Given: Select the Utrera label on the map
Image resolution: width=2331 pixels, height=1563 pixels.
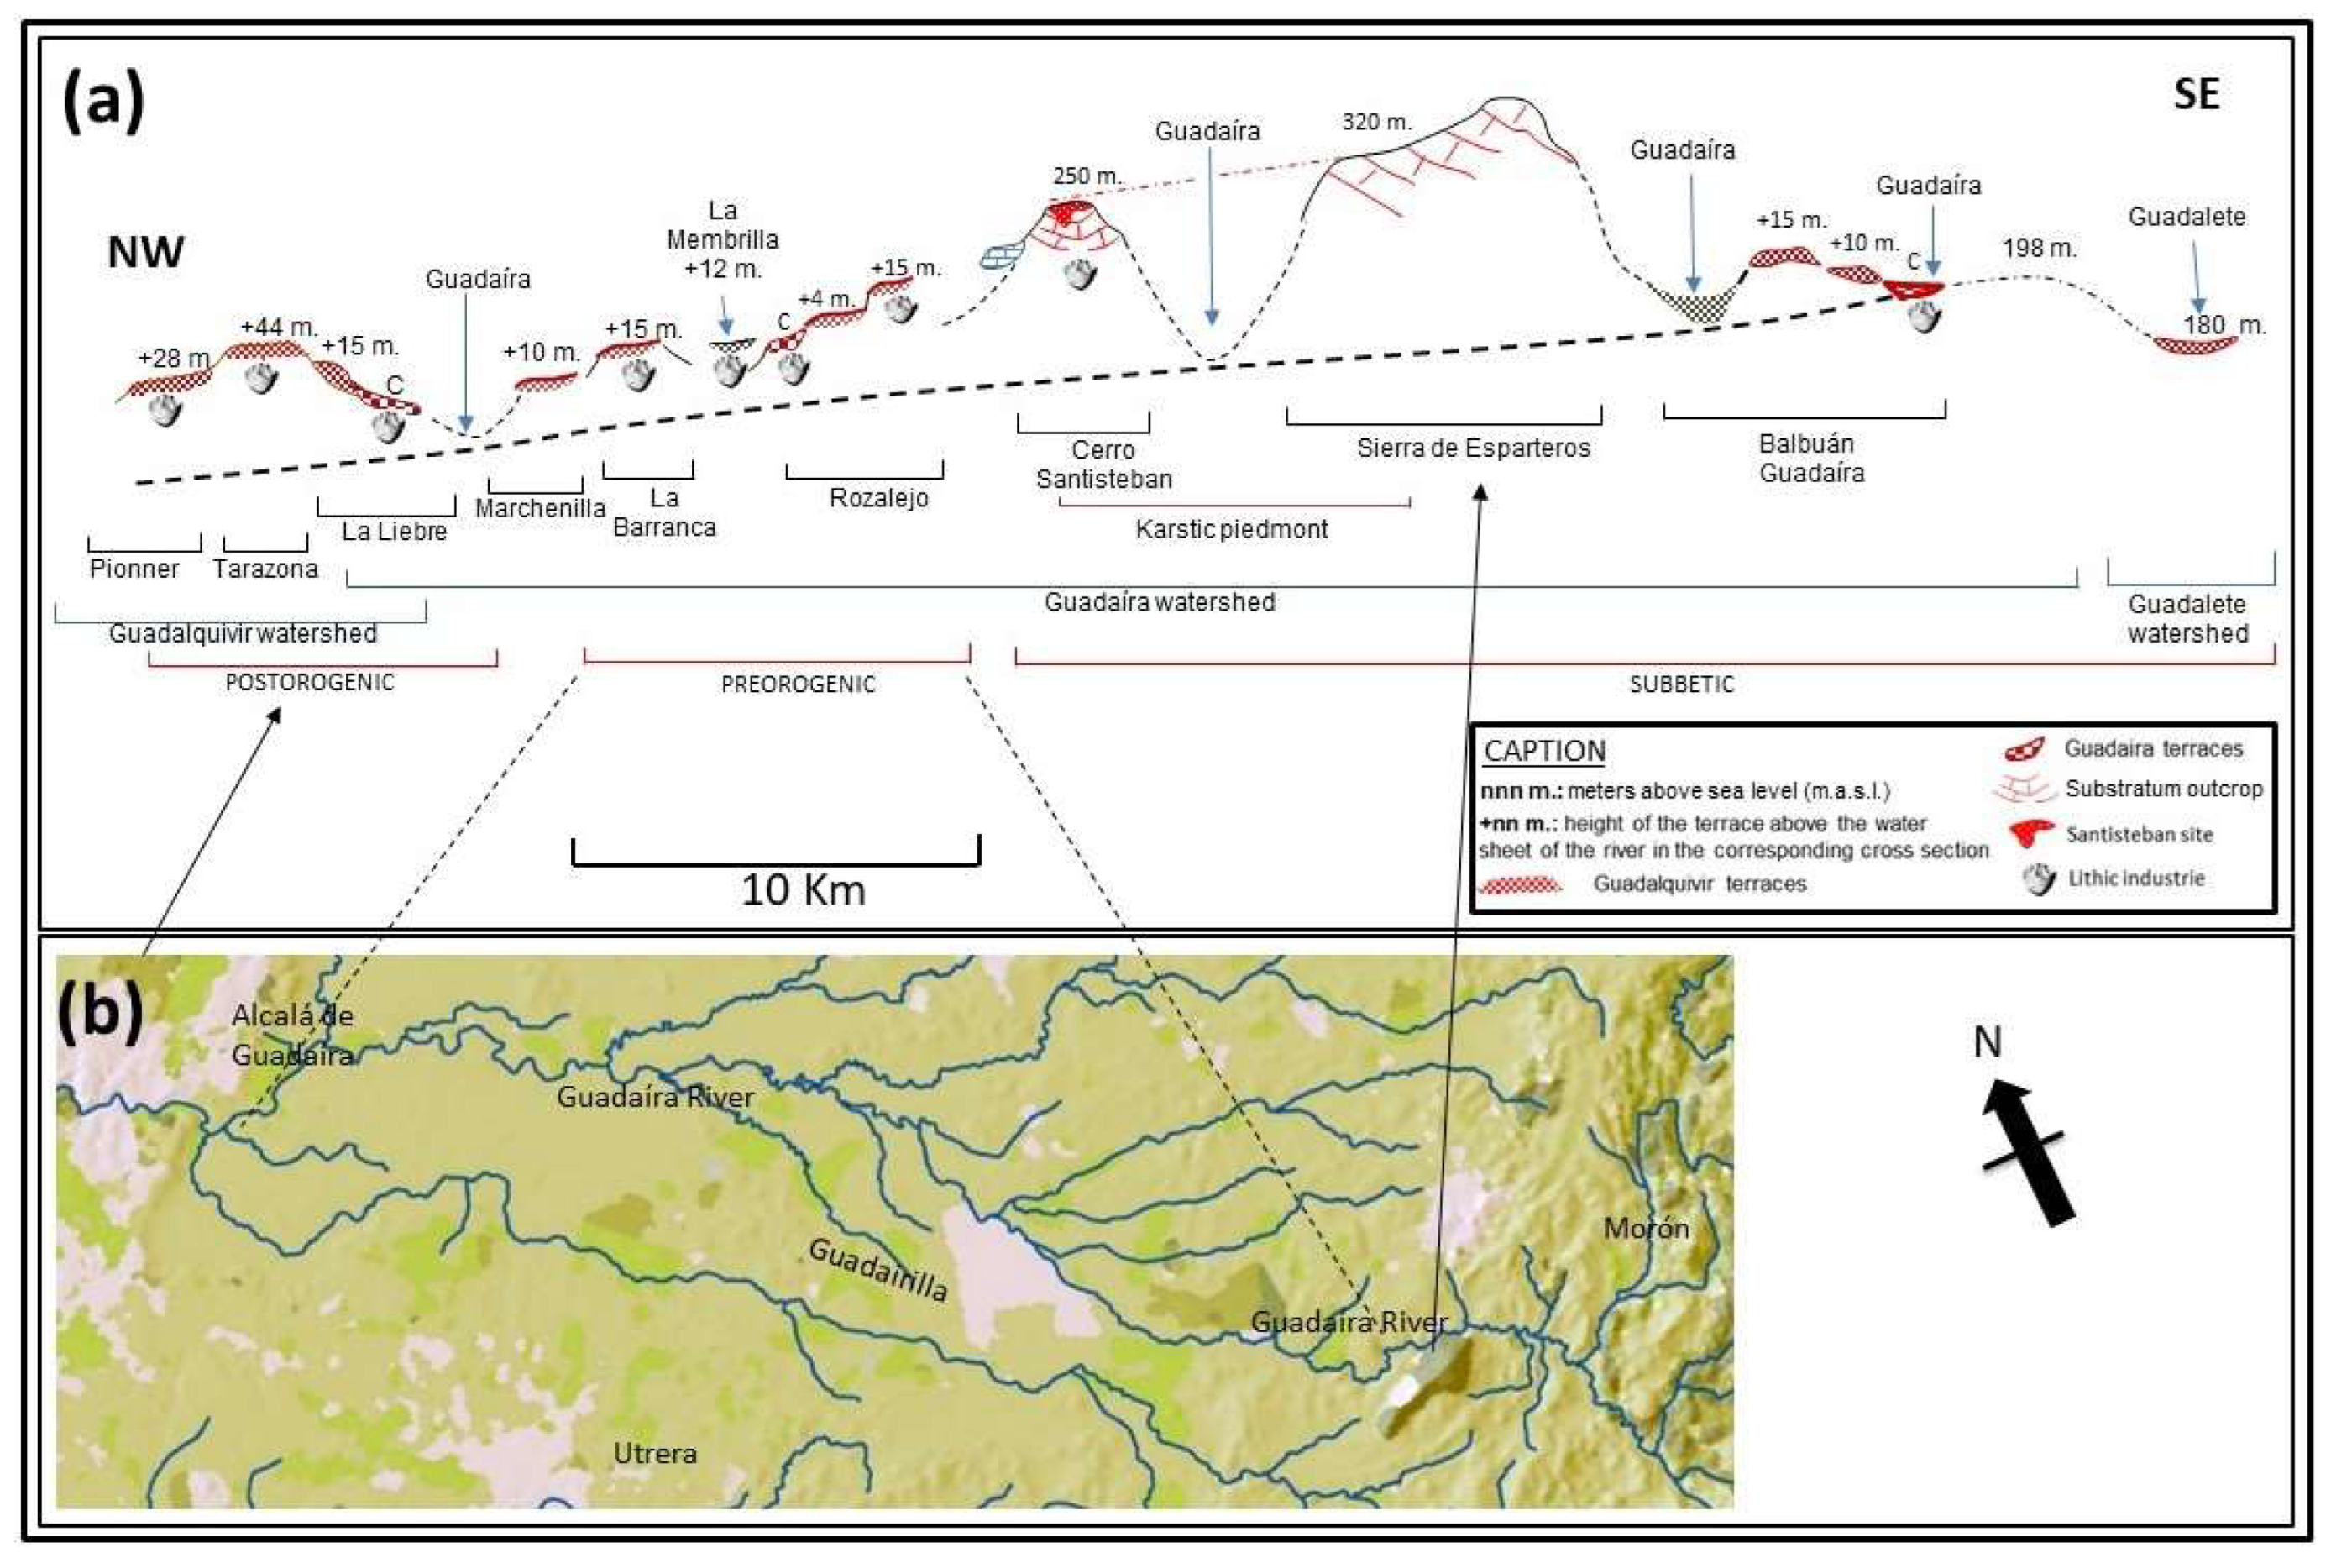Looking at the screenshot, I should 655,1453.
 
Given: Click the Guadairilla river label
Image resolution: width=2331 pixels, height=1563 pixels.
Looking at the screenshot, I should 877,1269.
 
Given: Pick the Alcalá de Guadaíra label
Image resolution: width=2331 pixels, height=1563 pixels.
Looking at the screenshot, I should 292,1035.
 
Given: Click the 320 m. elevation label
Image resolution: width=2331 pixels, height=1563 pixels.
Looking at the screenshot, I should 1376,122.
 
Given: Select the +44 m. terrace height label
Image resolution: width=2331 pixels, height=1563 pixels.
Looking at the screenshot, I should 278,326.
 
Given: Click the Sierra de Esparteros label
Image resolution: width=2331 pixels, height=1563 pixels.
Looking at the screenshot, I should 1473,448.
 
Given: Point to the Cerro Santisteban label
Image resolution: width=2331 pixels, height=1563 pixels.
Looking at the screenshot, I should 1103,464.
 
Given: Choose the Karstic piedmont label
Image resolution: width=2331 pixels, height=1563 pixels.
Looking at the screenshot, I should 1231,528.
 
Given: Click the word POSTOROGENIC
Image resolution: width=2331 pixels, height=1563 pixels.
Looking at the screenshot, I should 309,683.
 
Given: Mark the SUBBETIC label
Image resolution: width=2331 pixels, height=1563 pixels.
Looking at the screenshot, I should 1681,684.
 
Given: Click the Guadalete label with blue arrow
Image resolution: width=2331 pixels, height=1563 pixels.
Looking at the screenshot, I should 2187,218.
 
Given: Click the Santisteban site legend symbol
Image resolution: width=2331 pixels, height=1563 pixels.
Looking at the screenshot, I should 2030,833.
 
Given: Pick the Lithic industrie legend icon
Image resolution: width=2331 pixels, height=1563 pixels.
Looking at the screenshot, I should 2039,879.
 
